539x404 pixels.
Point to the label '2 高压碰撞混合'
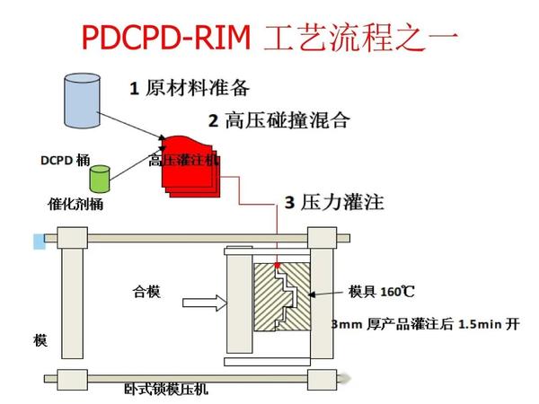(x=278, y=119)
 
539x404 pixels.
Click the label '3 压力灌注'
(x=334, y=202)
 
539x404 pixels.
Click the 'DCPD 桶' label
(x=64, y=161)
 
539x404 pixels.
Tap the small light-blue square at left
(x=39, y=241)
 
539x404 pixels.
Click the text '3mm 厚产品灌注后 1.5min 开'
(x=425, y=324)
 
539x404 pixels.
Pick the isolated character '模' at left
(x=40, y=341)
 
